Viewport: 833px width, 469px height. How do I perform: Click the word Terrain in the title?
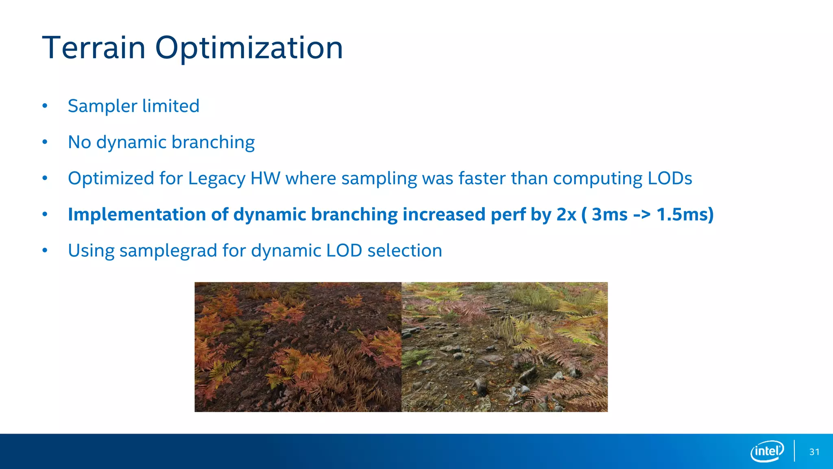(94, 48)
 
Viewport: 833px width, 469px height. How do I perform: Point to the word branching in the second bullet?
(213, 142)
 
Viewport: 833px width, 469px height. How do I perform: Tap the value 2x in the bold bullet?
(566, 215)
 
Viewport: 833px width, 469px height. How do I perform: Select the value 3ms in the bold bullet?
(609, 215)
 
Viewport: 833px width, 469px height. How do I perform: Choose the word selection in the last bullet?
(404, 250)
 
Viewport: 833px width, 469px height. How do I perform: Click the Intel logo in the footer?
(767, 451)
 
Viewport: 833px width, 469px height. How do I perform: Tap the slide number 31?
(814, 452)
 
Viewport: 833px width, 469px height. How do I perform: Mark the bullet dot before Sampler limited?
(45, 106)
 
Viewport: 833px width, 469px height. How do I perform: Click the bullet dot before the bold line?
(45, 215)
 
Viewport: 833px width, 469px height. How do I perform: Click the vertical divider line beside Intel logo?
(794, 451)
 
